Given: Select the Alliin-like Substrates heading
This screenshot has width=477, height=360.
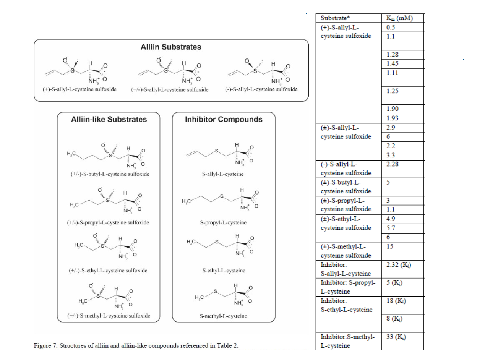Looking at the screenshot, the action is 109,119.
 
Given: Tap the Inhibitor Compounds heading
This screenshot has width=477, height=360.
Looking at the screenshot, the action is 224,119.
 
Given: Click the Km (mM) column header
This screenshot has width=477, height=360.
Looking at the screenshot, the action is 400,18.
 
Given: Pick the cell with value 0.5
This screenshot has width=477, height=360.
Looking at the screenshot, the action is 391,27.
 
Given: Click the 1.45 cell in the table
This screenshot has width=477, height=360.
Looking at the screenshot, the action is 393,63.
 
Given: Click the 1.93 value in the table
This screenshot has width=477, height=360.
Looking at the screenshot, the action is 393,118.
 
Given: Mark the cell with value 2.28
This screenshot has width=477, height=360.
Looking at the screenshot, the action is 393,164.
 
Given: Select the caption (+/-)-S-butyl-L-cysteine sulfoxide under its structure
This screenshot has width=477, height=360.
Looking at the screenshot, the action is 110,174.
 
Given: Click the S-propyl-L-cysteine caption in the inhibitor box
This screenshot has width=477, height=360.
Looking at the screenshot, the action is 224,222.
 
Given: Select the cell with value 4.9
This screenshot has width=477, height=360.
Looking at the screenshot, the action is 391,219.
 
